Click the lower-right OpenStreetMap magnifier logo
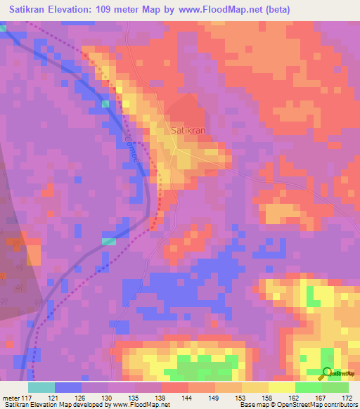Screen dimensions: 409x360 coord(328,373)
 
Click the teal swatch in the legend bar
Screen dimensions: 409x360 coord(41,387)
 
